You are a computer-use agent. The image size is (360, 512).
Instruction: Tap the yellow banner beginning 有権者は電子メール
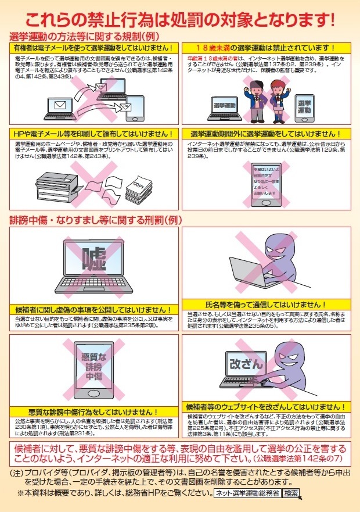tap(93, 48)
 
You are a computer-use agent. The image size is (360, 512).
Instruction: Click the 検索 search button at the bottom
tap(291, 493)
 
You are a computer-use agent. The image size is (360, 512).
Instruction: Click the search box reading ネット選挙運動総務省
tap(247, 493)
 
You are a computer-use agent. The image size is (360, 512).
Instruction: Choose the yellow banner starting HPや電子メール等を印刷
tap(93, 134)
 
